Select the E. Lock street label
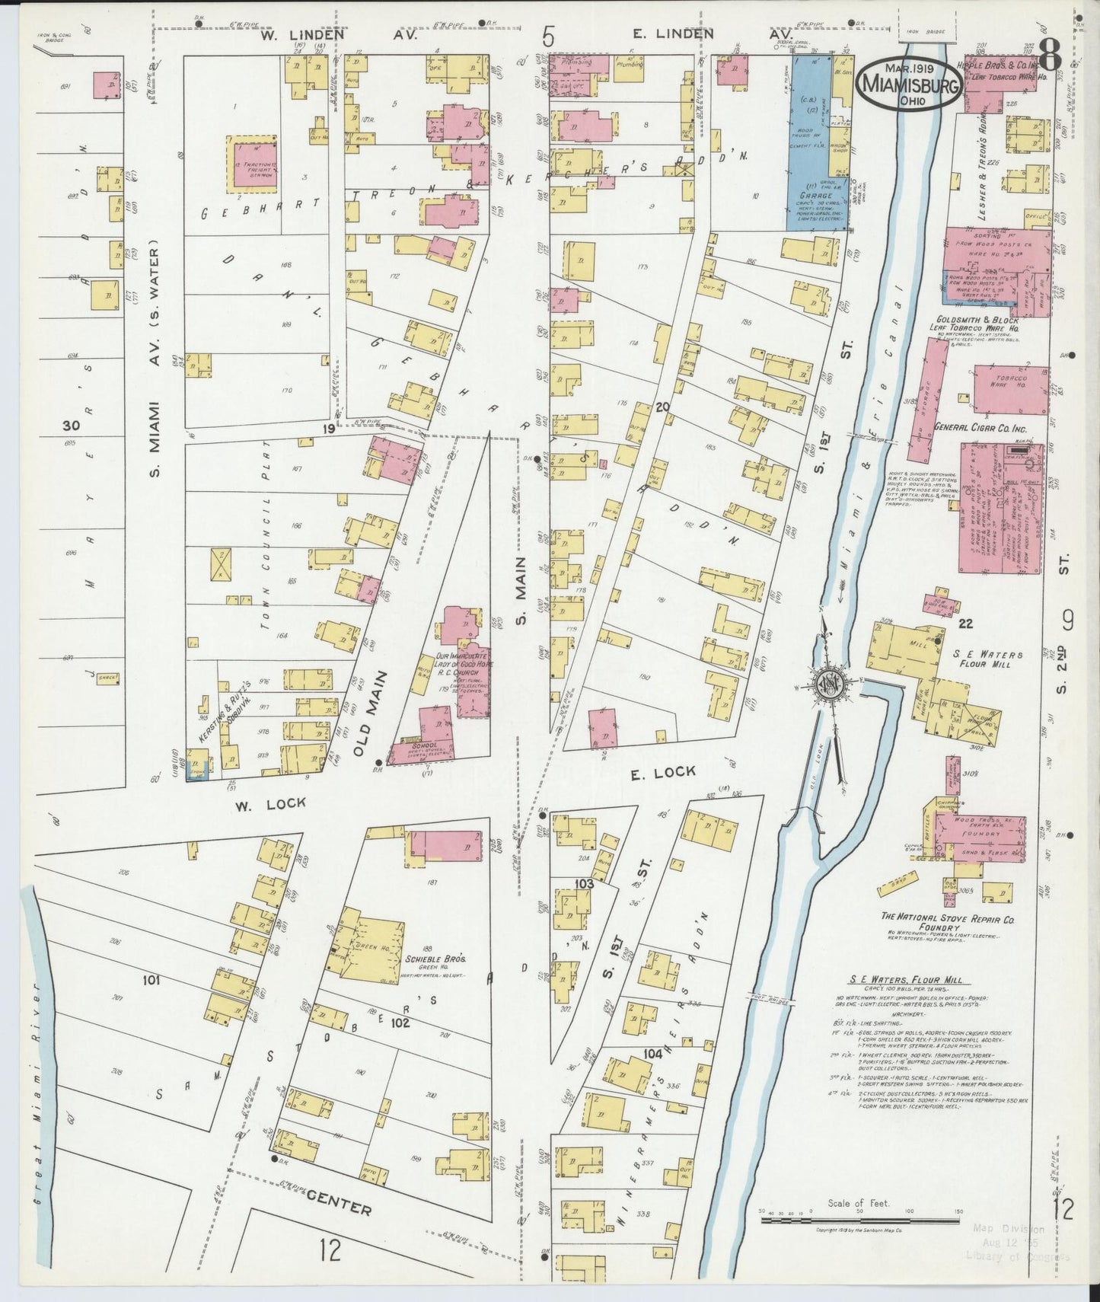(x=662, y=771)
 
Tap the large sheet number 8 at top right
(x=1051, y=56)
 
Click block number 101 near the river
(x=152, y=981)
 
